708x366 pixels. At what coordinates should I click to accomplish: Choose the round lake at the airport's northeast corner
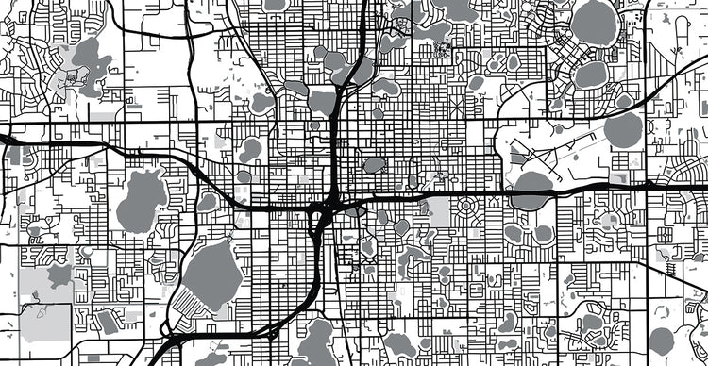622,129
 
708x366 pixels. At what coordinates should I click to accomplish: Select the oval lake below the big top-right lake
591,73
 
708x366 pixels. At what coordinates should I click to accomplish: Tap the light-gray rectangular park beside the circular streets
435,212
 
